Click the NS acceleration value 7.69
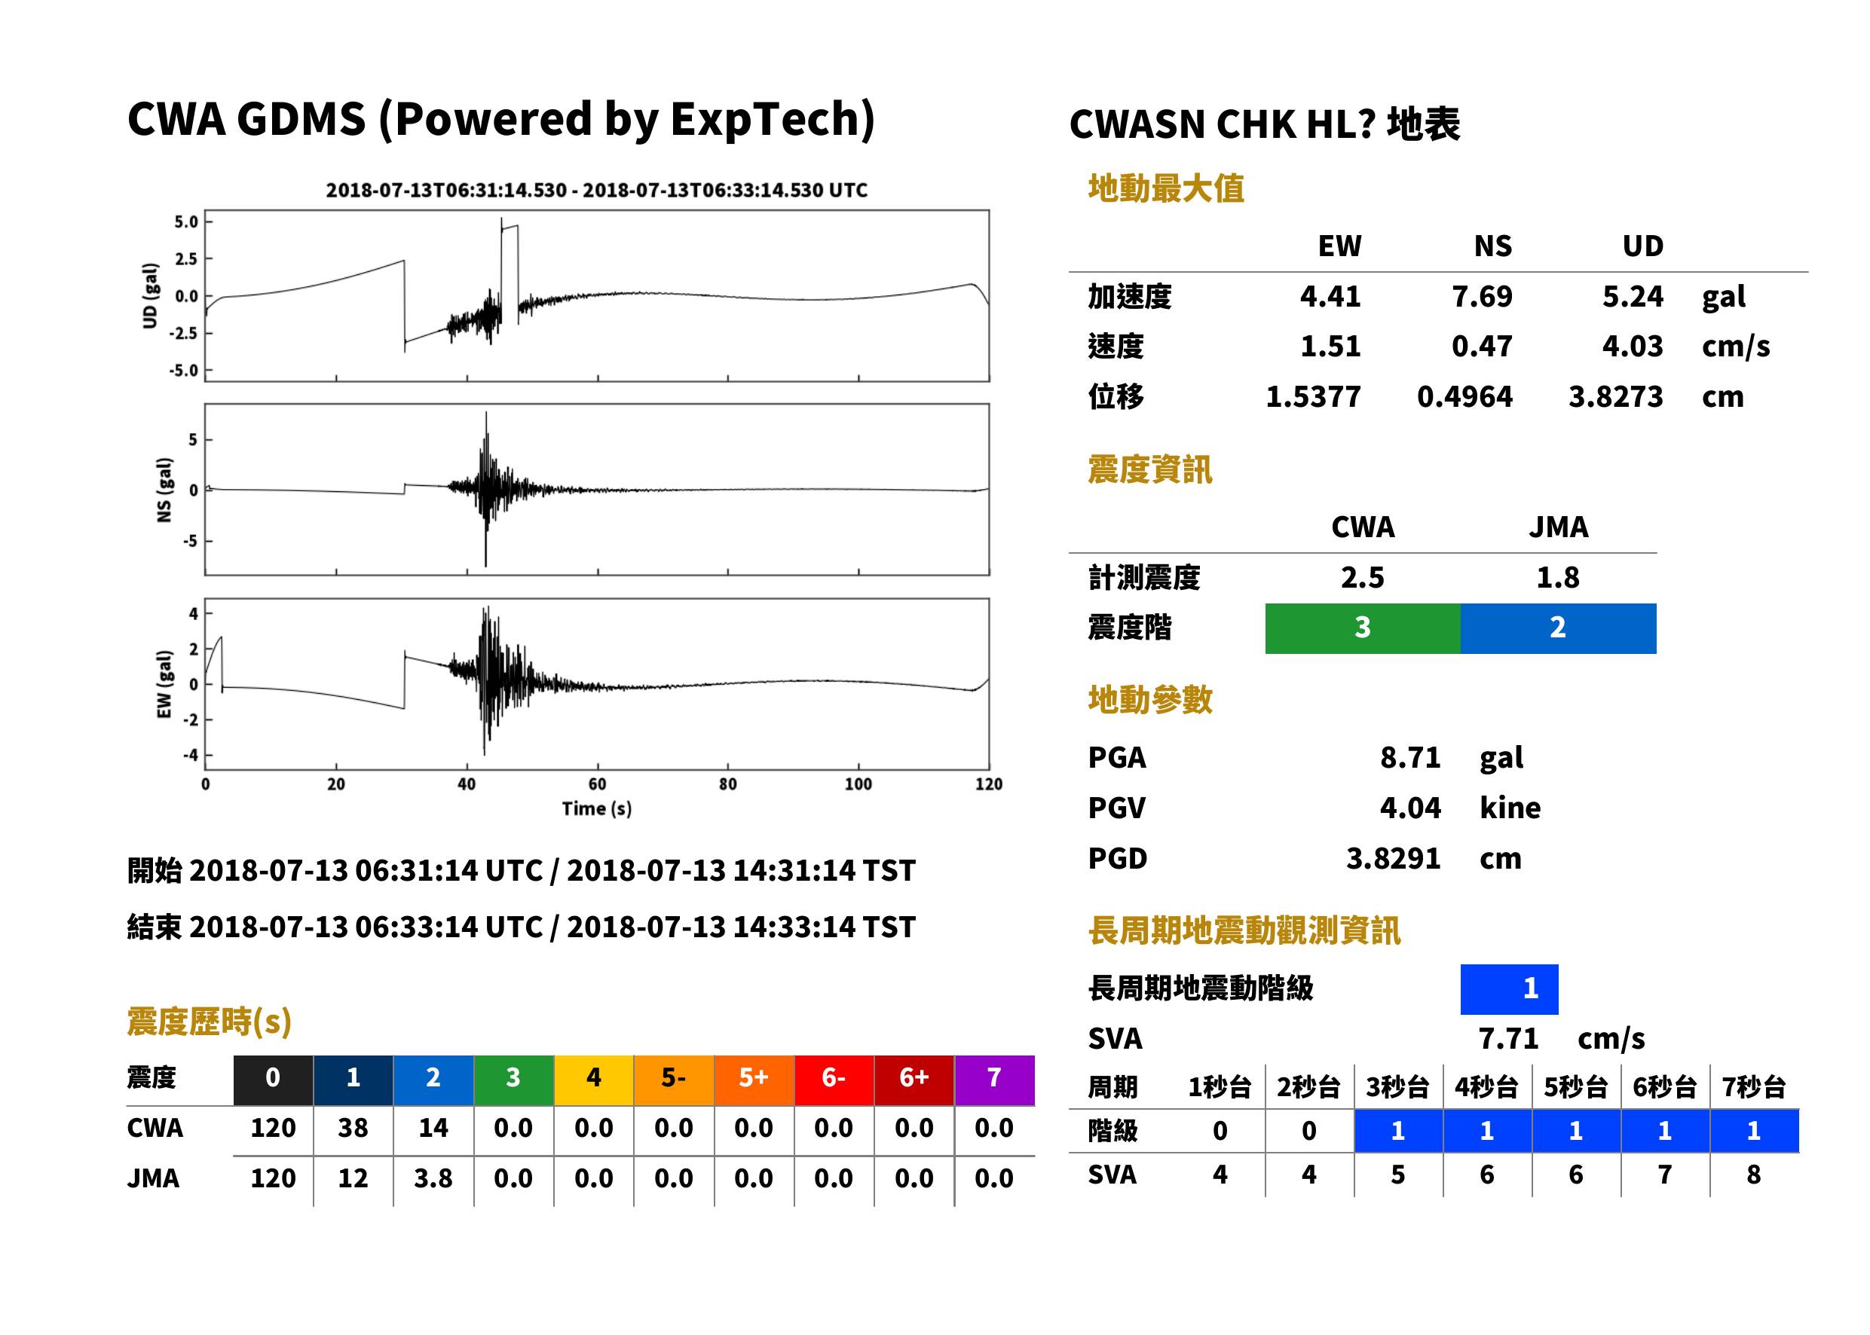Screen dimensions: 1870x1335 (1481, 297)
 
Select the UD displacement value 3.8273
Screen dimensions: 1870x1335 (1615, 397)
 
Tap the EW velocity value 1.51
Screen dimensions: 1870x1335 (1330, 347)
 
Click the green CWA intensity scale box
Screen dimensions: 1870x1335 (1363, 628)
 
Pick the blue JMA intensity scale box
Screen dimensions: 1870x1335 (1559, 628)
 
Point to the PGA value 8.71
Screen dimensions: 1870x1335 (1410, 758)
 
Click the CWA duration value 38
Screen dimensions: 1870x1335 (353, 1129)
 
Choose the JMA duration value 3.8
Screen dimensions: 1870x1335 (433, 1179)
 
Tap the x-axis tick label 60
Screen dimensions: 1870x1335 (597, 784)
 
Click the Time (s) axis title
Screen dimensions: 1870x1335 (597, 809)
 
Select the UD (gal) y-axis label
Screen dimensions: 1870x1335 (150, 296)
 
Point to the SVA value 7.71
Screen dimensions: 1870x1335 (1508, 1039)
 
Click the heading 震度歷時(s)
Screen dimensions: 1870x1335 (210, 1022)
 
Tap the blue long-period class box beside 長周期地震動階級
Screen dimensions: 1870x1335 (1510, 989)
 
